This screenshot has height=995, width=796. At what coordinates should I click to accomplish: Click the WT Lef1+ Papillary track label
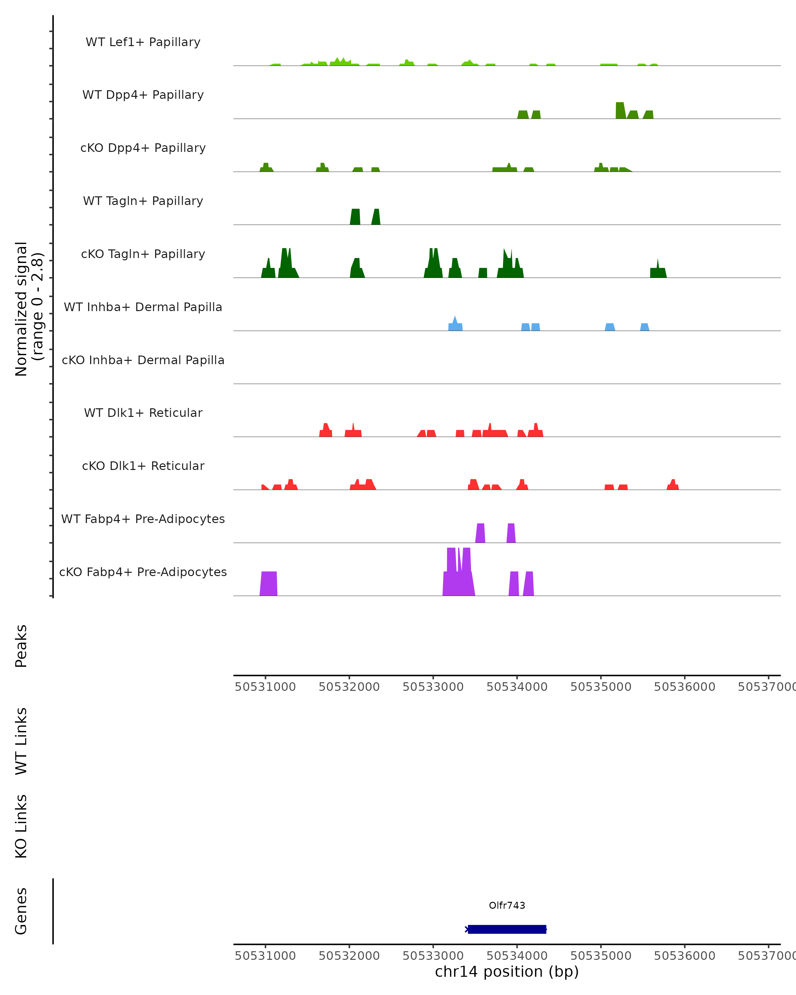pos(143,42)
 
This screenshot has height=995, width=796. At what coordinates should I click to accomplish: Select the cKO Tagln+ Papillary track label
pos(143,254)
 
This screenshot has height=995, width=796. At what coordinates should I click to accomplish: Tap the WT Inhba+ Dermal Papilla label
pos(143,307)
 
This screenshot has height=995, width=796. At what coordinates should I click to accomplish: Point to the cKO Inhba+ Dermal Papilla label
pos(143,360)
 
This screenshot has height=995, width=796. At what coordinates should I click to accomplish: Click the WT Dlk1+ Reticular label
pos(143,413)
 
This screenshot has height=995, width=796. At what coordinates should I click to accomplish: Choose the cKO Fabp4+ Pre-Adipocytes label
pos(143,572)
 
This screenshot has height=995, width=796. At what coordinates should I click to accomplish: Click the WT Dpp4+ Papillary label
pos(143,95)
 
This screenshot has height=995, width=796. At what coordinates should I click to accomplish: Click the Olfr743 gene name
pos(507,905)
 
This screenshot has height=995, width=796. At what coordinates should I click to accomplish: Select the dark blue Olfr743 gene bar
pos(507,929)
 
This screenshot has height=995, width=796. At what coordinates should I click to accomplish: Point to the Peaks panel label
pos(21,646)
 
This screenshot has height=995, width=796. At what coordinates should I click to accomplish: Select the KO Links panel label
pos(21,826)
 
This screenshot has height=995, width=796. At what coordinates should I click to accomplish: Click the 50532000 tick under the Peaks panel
pos(349,687)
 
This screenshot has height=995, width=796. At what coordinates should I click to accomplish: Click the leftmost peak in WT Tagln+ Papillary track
pos(355,217)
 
